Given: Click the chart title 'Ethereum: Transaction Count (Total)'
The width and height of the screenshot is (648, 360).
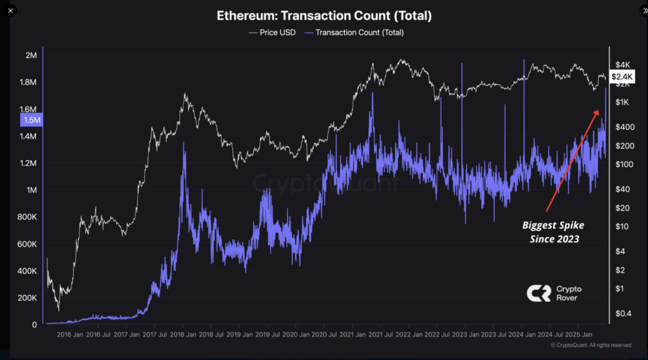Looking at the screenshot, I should point(325,15).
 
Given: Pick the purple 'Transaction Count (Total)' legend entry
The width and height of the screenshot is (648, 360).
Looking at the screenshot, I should point(354,32).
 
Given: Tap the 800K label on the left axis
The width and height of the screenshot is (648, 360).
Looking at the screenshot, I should point(28,217).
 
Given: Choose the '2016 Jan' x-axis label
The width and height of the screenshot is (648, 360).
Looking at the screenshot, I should point(70,335).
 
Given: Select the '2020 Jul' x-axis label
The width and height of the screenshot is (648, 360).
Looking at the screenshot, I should point(323,335).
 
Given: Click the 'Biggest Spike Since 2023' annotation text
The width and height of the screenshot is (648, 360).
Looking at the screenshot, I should point(552,232).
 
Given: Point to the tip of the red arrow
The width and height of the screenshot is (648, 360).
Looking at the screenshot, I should point(598,111).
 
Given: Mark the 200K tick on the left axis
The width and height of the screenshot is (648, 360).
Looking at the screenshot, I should point(28,298).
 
